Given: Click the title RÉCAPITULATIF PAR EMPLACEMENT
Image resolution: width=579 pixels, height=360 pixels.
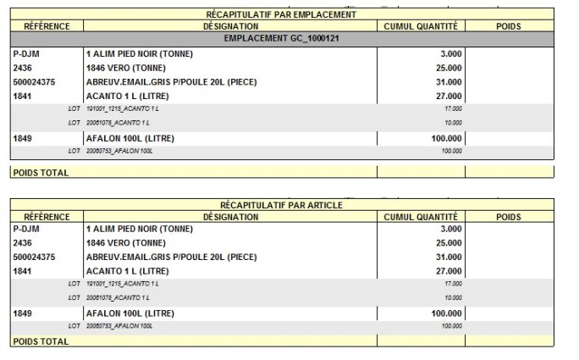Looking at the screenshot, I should pos(281,14).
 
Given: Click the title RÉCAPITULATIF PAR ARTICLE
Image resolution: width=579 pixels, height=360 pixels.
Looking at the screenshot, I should pos(281,206).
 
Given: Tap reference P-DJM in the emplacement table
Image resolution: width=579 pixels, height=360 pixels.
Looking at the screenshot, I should pos(28,53).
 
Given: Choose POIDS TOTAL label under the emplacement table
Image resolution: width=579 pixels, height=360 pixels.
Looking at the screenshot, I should pos(41,172).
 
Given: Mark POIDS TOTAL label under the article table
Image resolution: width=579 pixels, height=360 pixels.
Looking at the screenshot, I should pos(41,341).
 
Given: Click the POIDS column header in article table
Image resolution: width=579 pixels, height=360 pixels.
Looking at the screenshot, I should pos(508,217).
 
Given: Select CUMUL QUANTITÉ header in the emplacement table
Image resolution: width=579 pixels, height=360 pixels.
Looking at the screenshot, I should pos(420,26).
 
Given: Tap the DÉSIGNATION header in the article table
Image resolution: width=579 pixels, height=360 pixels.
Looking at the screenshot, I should pos(230,217).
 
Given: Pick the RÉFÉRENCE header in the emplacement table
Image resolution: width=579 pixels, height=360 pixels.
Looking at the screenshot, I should pos(47,26).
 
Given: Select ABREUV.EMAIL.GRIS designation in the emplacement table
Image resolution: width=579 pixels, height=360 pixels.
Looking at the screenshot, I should pos(171,82).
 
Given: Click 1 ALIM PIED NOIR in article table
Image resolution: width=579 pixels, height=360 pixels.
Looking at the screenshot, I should pos(140,229).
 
